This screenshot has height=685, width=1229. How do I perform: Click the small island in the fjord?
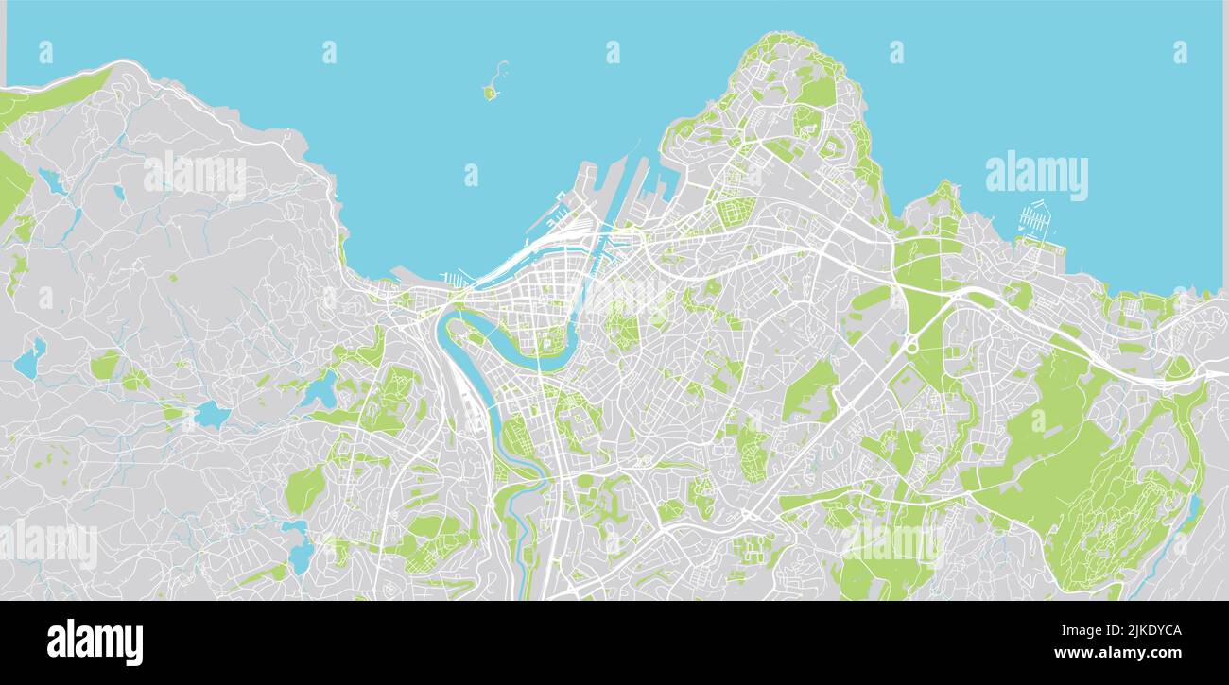(490, 92)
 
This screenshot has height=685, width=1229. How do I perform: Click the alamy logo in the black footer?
(95, 642)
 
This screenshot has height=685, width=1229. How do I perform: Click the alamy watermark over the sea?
(1036, 176)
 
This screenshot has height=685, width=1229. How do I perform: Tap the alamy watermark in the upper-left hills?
(195, 176)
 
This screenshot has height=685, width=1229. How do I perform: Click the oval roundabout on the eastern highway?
(912, 346)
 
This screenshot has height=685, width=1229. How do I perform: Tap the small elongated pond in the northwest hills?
(52, 181)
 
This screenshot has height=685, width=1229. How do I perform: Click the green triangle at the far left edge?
(11, 184)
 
